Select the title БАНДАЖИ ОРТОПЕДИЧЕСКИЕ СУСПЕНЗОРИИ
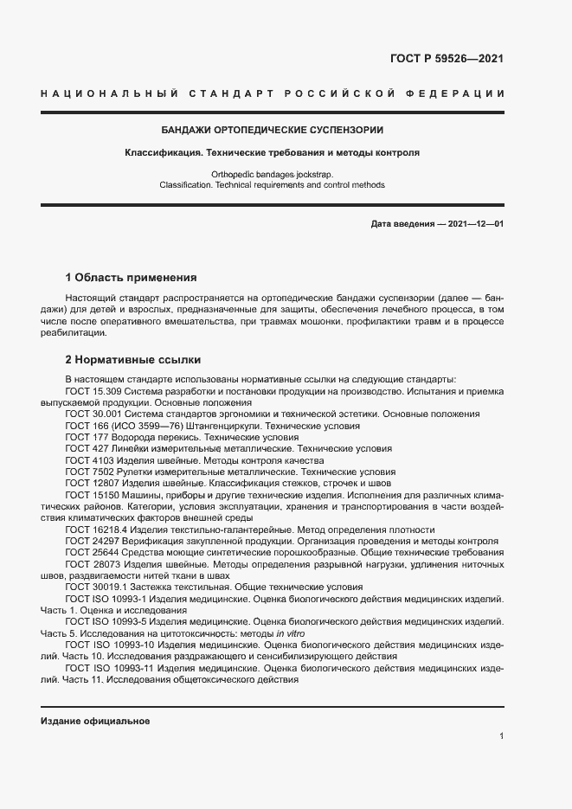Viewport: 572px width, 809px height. tap(273, 130)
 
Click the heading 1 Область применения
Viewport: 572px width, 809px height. tap(131, 278)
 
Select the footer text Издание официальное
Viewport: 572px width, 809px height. tap(96, 721)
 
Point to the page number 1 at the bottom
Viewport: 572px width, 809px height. tap(501, 735)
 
